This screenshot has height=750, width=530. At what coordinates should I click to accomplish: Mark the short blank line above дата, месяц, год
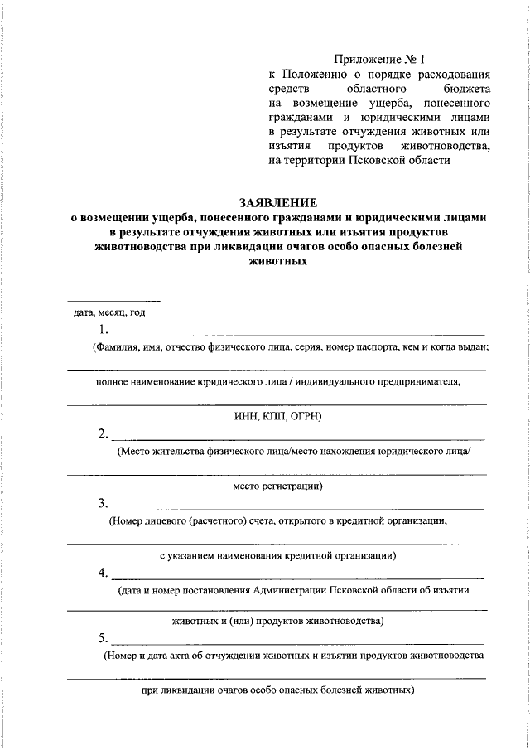pyautogui.click(x=113, y=300)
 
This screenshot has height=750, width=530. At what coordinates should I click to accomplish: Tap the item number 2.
pyautogui.click(x=102, y=433)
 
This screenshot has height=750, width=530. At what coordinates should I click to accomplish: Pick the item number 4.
pyautogui.click(x=102, y=573)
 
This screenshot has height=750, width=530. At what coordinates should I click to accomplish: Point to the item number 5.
pyautogui.click(x=102, y=639)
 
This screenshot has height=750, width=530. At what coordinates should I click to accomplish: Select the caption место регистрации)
pyautogui.click(x=277, y=485)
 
